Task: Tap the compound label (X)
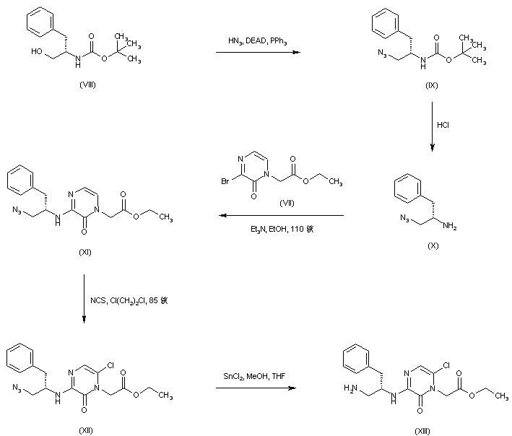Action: pyautogui.click(x=433, y=245)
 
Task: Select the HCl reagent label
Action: pyautogui.click(x=443, y=126)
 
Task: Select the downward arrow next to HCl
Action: pyautogui.click(x=432, y=127)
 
